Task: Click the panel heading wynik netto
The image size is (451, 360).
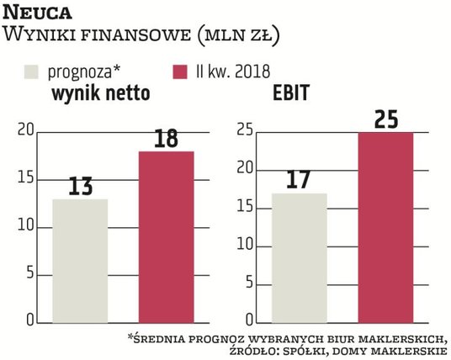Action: click(x=102, y=93)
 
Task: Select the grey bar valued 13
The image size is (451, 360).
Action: click(x=80, y=261)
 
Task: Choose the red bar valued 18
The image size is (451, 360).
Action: click(x=166, y=237)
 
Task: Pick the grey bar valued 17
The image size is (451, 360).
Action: click(x=300, y=257)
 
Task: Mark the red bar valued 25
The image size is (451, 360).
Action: click(x=386, y=227)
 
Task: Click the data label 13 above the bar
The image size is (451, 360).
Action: click(x=80, y=185)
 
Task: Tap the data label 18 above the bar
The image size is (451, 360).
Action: click(x=166, y=137)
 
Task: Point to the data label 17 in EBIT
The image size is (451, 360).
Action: click(x=300, y=179)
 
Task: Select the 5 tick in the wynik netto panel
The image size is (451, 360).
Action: click(x=29, y=274)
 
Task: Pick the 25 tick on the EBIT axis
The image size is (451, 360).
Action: click(x=245, y=130)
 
